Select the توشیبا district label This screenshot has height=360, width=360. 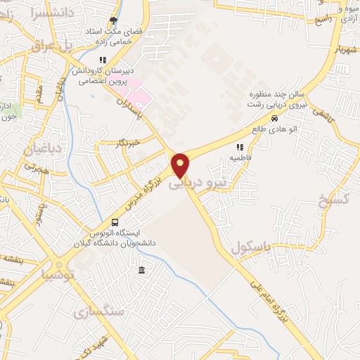(58, 274)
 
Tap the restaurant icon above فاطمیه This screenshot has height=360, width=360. (240, 148)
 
